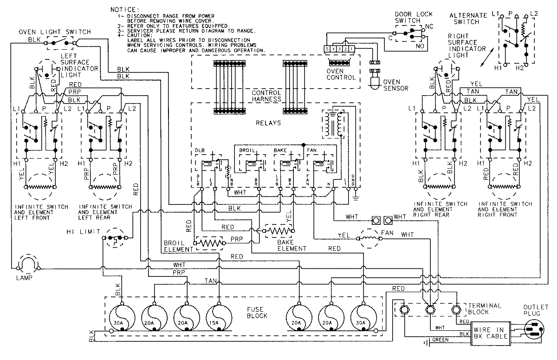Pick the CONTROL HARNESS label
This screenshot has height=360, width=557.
click(x=266, y=96)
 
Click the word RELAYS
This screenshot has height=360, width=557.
click(x=266, y=124)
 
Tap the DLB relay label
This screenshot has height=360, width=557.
click(x=199, y=151)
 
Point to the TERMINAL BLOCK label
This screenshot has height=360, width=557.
click(x=485, y=308)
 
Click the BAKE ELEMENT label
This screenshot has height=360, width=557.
click(x=292, y=245)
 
